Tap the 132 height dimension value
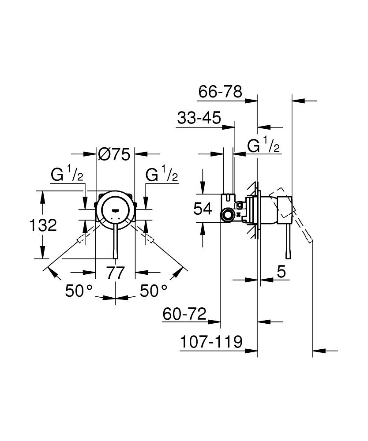(x=43, y=225)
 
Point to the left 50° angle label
(x=79, y=290)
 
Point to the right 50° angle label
(x=154, y=290)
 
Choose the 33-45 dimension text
(x=199, y=118)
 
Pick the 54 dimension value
(x=203, y=208)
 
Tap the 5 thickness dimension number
(x=282, y=272)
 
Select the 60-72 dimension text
(x=184, y=314)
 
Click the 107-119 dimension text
(x=211, y=342)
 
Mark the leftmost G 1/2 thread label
(x=67, y=175)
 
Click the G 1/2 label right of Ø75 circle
(x=162, y=175)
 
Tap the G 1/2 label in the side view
(x=263, y=146)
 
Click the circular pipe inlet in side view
(x=228, y=216)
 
